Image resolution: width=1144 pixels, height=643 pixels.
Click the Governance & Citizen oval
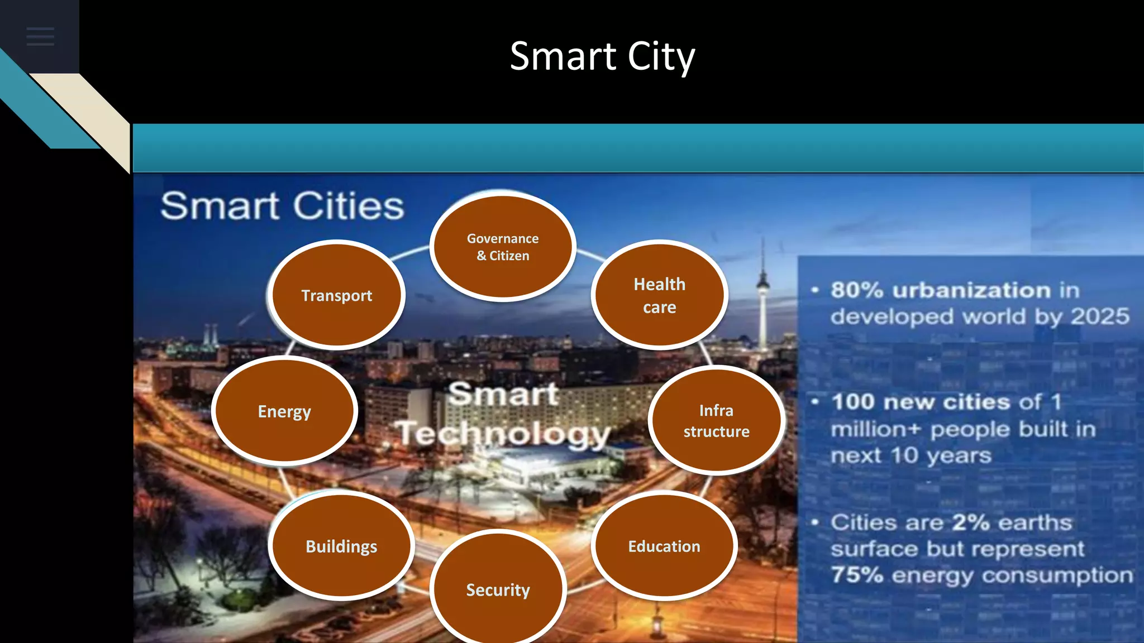click(503, 247)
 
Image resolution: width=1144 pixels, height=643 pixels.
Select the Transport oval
click(337, 295)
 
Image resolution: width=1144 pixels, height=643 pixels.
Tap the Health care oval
click(660, 295)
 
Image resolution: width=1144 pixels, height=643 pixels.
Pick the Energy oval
click(284, 411)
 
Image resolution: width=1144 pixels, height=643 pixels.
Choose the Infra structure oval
click(717, 420)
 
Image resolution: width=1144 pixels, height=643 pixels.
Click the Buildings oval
click(341, 546)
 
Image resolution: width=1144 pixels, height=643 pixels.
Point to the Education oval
click(664, 546)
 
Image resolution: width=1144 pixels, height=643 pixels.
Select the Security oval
click(498, 589)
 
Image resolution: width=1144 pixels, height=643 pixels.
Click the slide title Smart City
click(602, 56)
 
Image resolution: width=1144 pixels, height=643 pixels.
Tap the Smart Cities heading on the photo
click(282, 206)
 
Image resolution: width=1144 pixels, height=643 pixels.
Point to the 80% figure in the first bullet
click(857, 290)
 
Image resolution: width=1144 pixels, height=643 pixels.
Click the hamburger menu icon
click(40, 37)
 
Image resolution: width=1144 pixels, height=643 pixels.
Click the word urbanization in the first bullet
click(972, 290)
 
